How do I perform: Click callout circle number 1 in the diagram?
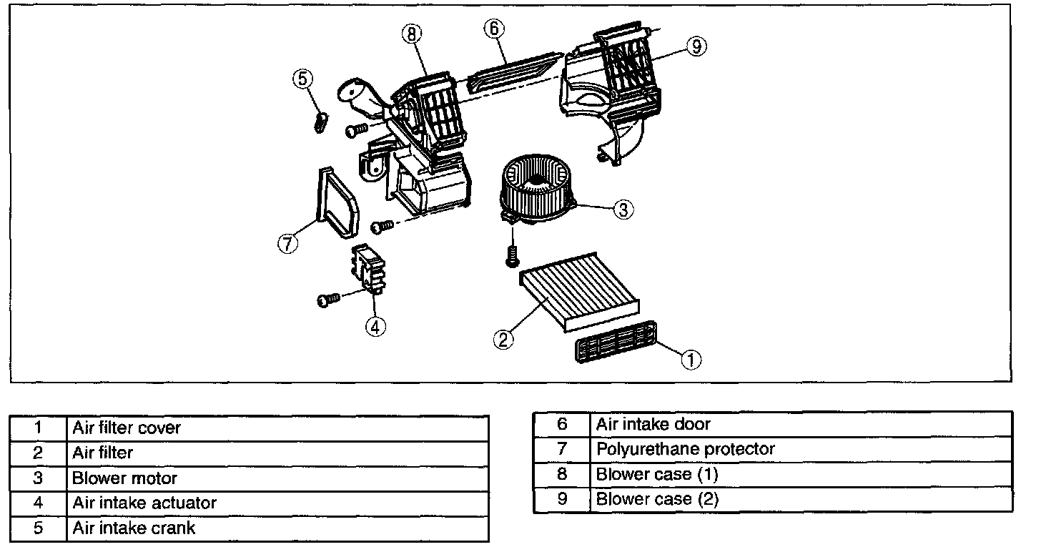[x=691, y=360]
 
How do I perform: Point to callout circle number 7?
[x=287, y=244]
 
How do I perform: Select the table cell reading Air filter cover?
[x=277, y=428]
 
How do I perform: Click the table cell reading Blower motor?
[x=277, y=478]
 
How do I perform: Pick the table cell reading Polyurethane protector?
[x=801, y=449]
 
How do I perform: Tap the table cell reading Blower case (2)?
[x=801, y=499]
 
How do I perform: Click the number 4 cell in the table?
[x=39, y=503]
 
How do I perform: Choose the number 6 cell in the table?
[x=562, y=424]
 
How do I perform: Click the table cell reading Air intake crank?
[x=277, y=528]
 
